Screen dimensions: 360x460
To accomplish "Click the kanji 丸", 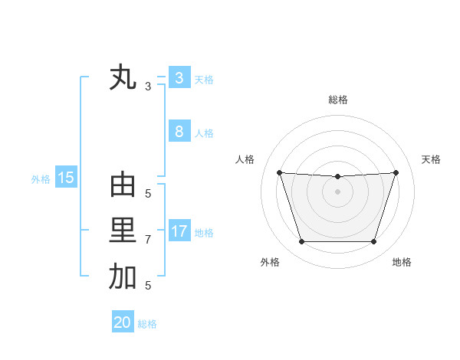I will [123, 78].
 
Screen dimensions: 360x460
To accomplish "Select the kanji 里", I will [123, 231].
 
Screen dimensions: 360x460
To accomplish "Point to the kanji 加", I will [123, 277].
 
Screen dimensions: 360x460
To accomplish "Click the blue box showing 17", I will [179, 231].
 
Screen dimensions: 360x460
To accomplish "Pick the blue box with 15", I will [65, 178].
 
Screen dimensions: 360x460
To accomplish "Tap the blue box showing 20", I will [123, 322].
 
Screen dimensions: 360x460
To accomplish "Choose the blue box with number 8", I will [179, 132].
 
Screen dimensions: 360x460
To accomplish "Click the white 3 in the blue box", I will [179, 78].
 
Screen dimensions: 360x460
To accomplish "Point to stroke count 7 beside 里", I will [148, 240].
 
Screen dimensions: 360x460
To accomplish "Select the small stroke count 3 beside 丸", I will [148, 87].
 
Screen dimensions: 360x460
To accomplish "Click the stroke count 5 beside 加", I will [148, 286].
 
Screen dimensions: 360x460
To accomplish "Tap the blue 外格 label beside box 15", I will [41, 179].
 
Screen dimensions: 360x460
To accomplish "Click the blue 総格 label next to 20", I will [147, 324].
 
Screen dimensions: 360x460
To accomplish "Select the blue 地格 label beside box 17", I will [204, 233].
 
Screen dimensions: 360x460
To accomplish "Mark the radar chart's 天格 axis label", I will [431, 159].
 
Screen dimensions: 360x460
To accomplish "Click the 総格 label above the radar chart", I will [337, 100].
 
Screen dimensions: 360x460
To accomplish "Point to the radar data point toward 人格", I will [280, 172].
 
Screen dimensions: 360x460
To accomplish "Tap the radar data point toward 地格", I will [373, 242].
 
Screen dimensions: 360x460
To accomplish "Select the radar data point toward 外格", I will [301, 242].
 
